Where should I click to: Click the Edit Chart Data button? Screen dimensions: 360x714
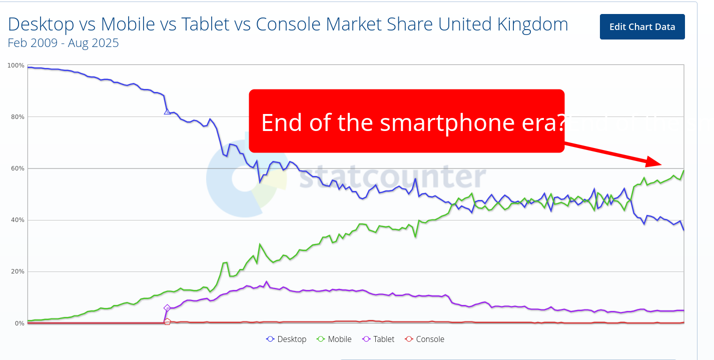coord(642,27)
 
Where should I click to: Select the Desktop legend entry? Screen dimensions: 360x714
coord(286,339)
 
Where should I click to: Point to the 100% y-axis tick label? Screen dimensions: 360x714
coord(16,65)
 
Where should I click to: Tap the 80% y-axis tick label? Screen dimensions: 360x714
coord(18,117)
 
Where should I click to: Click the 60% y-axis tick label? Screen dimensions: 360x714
coord(18,168)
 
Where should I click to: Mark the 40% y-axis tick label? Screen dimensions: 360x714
coord(18,220)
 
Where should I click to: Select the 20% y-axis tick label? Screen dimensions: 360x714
coord(18,271)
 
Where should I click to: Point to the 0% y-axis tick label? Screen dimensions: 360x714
coord(19,323)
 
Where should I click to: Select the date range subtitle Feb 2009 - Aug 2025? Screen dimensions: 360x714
coord(64,43)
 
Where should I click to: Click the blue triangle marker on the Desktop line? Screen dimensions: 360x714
coord(167,111)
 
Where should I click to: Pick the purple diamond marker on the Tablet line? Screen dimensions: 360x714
coord(167,308)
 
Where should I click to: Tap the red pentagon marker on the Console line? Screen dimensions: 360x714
coord(167,321)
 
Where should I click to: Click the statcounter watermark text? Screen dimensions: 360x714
coord(393,177)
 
